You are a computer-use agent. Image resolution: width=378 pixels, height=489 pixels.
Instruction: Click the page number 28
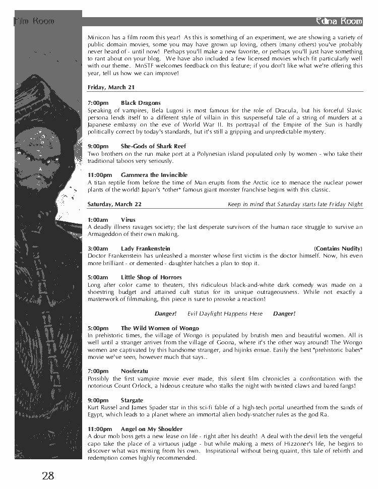point(48,475)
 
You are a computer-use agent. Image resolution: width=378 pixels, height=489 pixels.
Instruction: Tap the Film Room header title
point(34,21)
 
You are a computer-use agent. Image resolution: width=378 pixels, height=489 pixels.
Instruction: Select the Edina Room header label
point(338,21)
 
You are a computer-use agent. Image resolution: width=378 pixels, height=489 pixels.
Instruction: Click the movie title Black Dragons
point(141,103)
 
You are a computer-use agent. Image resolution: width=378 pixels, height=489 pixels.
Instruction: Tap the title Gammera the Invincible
point(154,175)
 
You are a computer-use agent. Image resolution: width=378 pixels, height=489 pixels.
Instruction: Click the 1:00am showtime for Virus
point(98,220)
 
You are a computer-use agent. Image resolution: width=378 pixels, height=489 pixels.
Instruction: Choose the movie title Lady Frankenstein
point(145,249)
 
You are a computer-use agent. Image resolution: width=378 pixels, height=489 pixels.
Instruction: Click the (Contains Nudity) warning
point(338,249)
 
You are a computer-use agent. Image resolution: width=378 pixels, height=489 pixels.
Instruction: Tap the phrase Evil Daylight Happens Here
point(225,314)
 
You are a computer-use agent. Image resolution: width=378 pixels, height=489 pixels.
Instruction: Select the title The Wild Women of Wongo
point(160,328)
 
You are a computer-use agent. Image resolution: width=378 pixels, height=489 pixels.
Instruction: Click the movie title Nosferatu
point(134,371)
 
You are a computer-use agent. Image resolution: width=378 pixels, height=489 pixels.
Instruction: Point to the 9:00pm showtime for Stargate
point(98,400)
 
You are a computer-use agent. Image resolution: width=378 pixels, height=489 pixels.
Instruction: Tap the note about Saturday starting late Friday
point(295,204)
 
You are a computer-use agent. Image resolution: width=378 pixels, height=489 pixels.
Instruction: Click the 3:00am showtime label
point(98,249)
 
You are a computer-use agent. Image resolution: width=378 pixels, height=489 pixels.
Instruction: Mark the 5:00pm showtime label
point(98,328)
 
